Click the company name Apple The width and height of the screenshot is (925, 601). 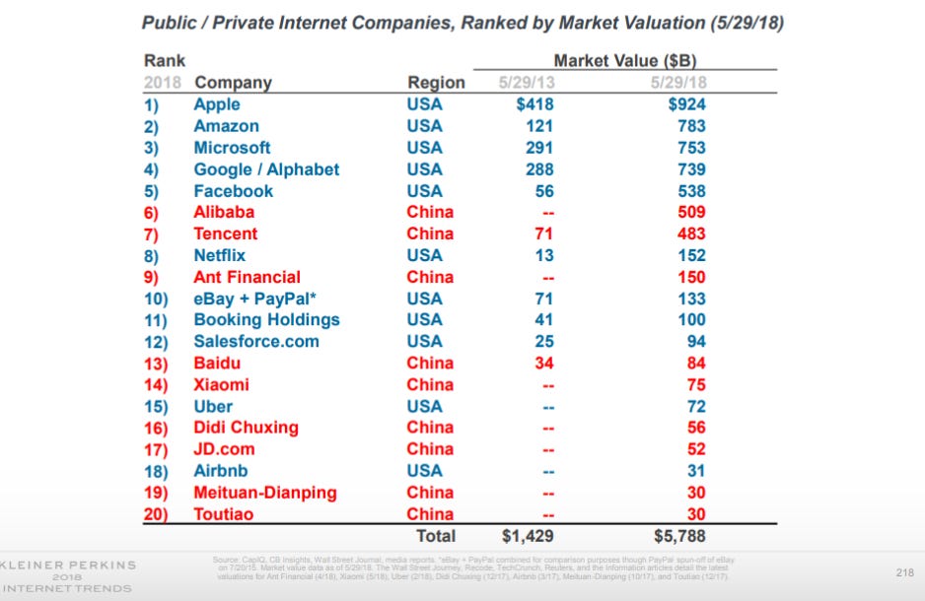(216, 104)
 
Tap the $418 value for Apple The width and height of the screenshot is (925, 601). (533, 104)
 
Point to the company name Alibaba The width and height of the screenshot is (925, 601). (224, 212)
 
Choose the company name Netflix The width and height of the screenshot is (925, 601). (220, 255)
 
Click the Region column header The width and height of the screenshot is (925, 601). (436, 83)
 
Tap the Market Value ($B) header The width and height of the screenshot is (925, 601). (625, 61)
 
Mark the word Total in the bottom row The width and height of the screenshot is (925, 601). (435, 535)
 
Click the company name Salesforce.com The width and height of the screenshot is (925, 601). (256, 341)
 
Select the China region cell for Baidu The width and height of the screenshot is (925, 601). (430, 363)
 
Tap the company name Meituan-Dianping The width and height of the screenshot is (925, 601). (265, 492)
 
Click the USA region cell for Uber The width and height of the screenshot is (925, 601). (425, 406)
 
